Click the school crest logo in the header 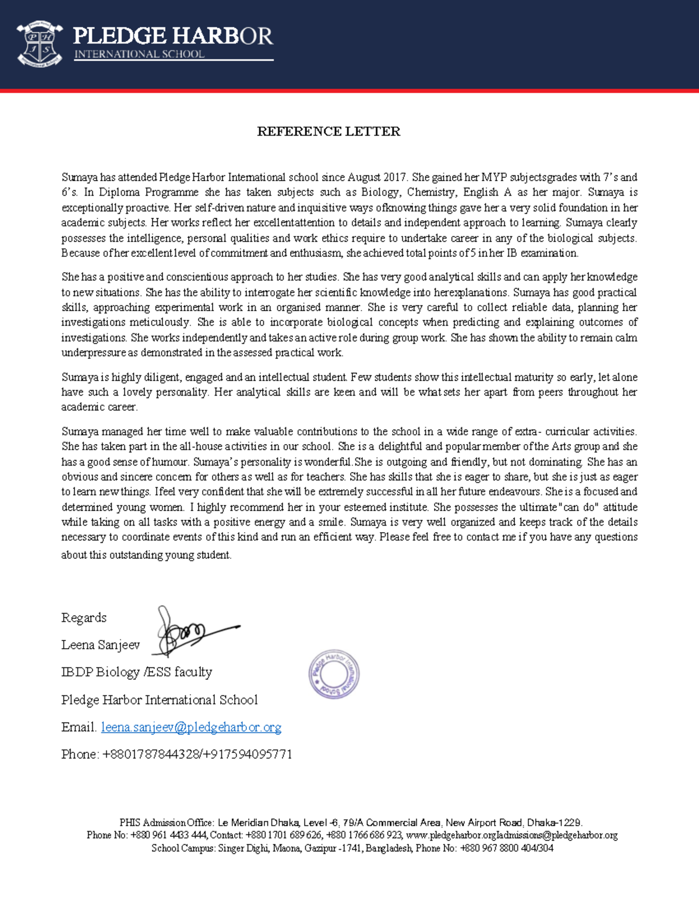click(x=40, y=44)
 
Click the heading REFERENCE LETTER click(x=329, y=132)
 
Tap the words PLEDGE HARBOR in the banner click(x=173, y=36)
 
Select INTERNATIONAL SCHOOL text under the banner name click(x=139, y=54)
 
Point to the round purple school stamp click(x=334, y=674)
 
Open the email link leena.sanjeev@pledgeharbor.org click(x=191, y=727)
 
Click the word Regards click(x=84, y=618)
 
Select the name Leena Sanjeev click(x=101, y=645)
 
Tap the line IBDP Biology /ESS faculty click(x=137, y=672)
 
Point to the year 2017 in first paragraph click(x=396, y=177)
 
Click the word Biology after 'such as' click(x=380, y=192)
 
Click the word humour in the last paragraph click(x=170, y=462)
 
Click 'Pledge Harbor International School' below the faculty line click(x=160, y=700)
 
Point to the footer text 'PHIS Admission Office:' click(x=167, y=823)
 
